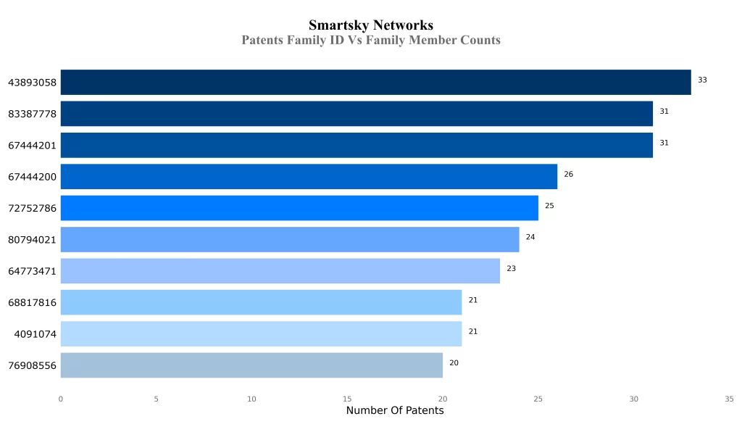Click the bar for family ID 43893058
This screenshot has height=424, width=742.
[375, 82]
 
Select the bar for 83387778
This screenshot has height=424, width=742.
[357, 114]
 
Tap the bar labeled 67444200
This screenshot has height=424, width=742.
[309, 176]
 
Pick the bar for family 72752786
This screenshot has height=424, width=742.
[299, 208]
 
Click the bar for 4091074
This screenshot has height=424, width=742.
[261, 334]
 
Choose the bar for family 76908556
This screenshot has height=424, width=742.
[251, 365]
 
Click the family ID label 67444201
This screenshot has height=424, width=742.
[32, 146]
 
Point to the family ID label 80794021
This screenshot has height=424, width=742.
[32, 240]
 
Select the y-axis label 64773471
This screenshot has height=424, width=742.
[32, 271]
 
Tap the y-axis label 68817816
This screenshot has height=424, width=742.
[32, 303]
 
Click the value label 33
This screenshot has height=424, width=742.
[702, 80]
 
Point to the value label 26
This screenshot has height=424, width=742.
[568, 174]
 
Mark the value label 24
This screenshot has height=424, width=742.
[530, 237]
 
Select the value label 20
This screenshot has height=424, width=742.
[454, 362]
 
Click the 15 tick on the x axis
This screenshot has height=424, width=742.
[347, 399]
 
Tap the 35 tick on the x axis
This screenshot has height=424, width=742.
[729, 399]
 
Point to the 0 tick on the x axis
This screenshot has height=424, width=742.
[61, 399]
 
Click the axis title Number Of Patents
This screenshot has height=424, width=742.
[395, 411]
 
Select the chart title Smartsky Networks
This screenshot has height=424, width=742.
[371, 26]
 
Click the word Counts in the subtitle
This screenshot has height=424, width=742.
[480, 40]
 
